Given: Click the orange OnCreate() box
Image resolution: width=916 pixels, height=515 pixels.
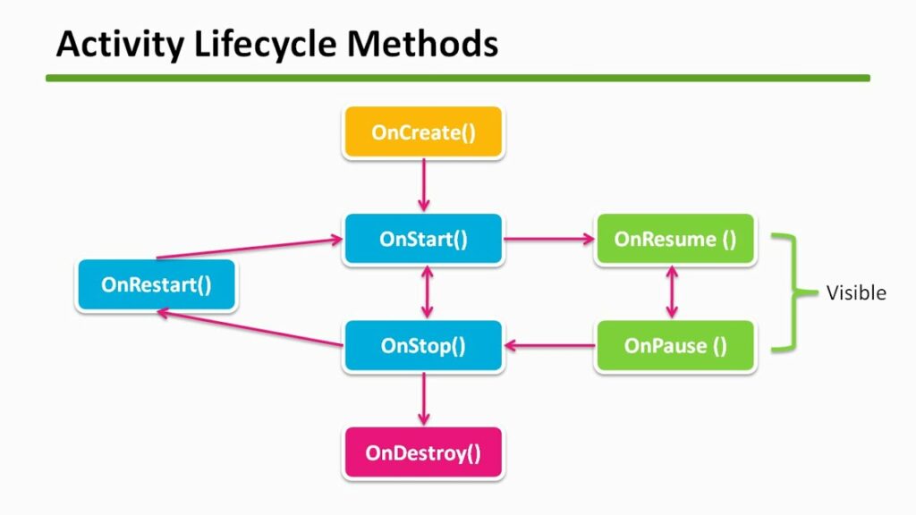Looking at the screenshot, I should click(423, 133).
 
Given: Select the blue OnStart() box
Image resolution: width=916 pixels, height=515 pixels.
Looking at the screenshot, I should click(423, 240).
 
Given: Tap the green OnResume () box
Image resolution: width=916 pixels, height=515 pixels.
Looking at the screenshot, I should click(675, 240).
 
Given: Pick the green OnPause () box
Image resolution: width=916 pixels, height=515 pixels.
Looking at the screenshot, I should click(675, 346).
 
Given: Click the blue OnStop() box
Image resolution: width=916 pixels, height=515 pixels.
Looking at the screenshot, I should click(423, 346).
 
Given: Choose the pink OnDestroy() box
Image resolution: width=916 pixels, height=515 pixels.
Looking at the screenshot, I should click(423, 452).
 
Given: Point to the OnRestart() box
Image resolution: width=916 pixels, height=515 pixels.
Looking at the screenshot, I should click(157, 285).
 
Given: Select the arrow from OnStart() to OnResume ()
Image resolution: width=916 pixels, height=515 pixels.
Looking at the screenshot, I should click(548, 240).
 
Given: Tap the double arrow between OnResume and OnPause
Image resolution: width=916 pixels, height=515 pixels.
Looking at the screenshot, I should click(671, 292).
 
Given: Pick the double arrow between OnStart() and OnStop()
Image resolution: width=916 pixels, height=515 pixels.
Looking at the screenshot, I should click(427, 292).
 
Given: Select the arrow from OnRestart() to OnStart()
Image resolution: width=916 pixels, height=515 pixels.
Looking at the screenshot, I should click(250, 249).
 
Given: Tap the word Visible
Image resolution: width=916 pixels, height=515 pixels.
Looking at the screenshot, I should click(856, 293).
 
